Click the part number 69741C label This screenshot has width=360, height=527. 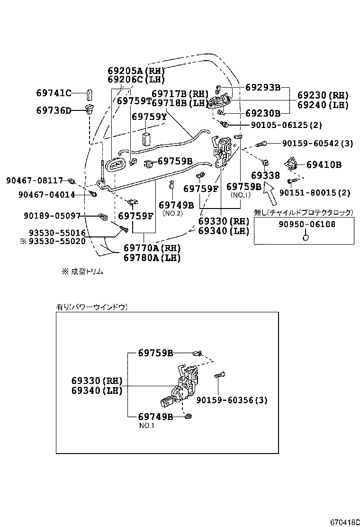54,93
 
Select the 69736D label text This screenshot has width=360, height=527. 54,111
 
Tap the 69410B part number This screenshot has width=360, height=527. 324,165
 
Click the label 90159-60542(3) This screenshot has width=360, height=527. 317,143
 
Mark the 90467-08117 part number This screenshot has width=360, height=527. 35,181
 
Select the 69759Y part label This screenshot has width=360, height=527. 149,117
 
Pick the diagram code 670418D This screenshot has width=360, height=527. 344,522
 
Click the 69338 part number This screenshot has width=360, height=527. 266,176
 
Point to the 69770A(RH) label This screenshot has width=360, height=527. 152,248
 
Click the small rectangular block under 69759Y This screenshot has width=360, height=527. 146,138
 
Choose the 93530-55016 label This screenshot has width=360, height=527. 57,233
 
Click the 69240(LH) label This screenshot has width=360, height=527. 323,105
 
